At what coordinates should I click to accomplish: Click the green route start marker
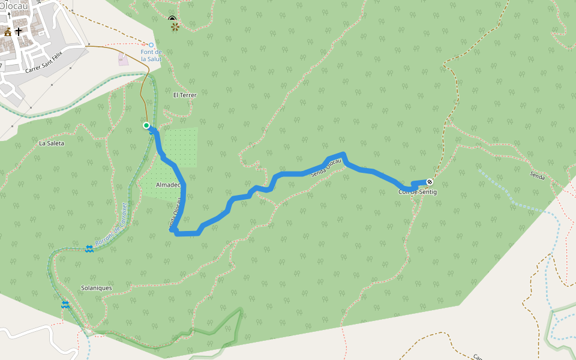point(146,125)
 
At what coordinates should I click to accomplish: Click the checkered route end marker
point(430,182)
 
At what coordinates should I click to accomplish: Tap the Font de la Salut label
point(151,55)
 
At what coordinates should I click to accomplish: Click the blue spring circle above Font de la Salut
point(151,45)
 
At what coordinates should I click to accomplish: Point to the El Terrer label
point(185,95)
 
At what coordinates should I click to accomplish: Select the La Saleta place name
point(51,143)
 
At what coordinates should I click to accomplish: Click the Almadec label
point(167,185)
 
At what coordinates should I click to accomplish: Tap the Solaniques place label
point(96,288)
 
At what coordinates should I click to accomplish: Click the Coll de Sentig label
point(418,192)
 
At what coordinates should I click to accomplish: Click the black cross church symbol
point(19,31)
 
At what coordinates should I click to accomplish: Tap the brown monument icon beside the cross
point(8,32)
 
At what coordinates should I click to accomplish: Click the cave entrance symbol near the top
point(173,19)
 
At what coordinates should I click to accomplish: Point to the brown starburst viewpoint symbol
point(174,27)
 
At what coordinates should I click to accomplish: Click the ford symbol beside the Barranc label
point(89,248)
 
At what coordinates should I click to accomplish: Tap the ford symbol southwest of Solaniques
point(65,305)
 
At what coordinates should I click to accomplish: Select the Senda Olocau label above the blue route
point(326,167)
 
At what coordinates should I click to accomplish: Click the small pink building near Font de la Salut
point(123,59)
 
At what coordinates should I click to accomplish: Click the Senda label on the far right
point(538,176)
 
